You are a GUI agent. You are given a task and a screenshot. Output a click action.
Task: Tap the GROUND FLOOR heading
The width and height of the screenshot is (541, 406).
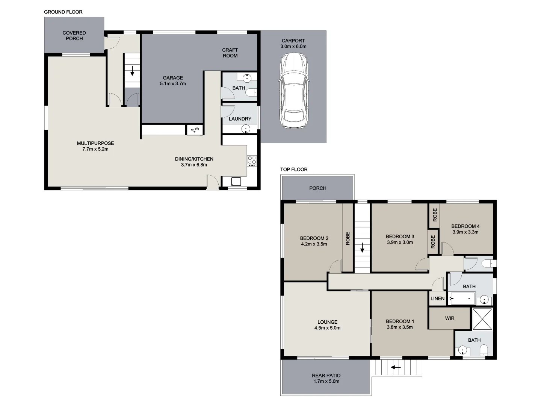click(63, 12)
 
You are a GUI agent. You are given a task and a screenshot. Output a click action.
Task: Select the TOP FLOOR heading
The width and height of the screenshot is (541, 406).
click(294, 170)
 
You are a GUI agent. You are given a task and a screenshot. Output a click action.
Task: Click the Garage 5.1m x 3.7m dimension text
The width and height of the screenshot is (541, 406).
click(173, 84)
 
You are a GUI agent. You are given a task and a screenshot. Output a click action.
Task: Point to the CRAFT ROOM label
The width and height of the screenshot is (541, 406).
click(230, 53)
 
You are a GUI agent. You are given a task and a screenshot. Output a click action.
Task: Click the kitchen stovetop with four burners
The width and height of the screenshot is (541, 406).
click(252, 161)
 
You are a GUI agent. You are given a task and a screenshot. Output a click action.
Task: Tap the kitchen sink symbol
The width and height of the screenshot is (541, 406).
click(236, 182)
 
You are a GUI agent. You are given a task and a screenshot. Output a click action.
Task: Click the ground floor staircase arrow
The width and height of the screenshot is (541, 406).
click(132, 71)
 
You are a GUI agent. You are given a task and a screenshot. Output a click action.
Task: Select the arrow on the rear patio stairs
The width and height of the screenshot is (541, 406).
click(396, 367)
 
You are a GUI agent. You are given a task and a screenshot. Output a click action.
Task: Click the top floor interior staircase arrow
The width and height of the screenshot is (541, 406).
click(362, 247)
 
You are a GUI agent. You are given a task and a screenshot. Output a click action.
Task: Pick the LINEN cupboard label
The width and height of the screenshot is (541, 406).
click(437, 299)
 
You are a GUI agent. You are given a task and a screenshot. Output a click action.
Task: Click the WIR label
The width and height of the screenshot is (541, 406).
click(450, 318)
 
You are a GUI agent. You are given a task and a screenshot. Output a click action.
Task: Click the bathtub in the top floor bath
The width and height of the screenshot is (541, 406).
click(462, 299)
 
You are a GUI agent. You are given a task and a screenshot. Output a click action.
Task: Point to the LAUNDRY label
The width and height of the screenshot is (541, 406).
click(240, 119)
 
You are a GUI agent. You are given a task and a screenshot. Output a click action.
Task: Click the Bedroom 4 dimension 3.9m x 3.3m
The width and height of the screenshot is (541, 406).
click(465, 232)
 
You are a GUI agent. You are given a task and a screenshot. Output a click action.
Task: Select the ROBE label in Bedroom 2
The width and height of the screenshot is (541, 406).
click(348, 238)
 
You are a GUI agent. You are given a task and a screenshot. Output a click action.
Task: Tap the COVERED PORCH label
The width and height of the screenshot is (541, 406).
click(74, 36)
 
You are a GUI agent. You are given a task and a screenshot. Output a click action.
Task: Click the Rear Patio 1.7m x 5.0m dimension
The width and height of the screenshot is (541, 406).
click(326, 382)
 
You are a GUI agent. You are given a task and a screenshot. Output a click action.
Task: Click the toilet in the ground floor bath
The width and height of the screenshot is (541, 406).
click(253, 92)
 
